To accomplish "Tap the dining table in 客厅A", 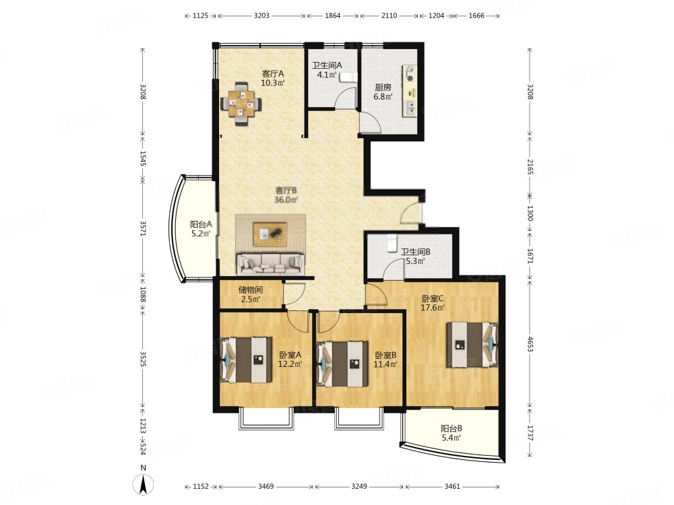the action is point(241,104).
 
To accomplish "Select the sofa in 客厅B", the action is point(270,265).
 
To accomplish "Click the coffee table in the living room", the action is point(270,234).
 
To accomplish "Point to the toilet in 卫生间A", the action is point(347,77).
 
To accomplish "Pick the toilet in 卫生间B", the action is point(392,242).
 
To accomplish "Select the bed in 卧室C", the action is point(472,344).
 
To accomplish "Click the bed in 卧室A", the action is point(246,360).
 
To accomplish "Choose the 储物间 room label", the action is point(251,290).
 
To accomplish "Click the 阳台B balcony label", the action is point(452,428).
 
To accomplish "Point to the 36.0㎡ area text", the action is point(286,200).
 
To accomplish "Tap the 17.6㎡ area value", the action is point(433,307).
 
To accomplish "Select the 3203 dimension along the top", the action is point(262,15).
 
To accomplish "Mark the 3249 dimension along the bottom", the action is point(359,487).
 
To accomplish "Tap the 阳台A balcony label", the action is point(201,224).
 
